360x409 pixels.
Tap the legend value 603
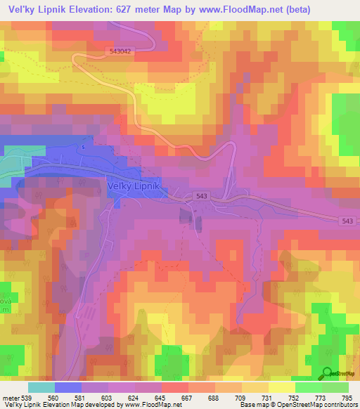coord(108,398)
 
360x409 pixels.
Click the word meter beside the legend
coord(10,398)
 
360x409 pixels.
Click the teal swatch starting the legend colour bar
coord(41,387)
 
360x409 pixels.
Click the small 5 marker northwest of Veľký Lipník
coord(82,148)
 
